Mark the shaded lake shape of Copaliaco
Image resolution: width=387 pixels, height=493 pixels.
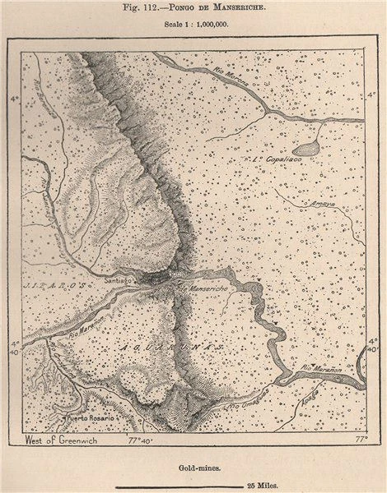coord(305,149)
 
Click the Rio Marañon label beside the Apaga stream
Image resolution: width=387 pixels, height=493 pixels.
coord(323,370)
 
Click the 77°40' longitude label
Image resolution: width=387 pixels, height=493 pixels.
coord(142,441)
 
